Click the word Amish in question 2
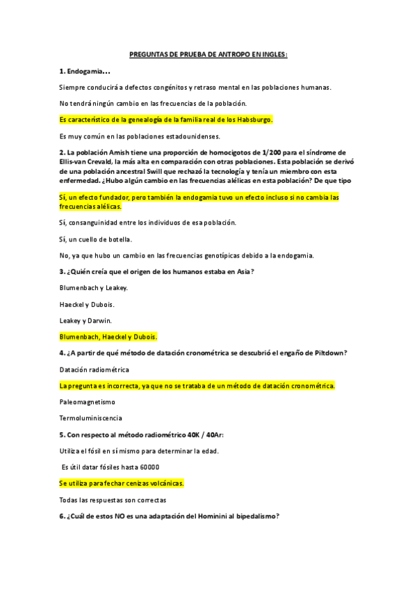click(124, 152)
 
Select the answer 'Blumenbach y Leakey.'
click(94, 287)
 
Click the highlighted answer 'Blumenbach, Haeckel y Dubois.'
click(108, 337)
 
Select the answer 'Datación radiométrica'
click(94, 369)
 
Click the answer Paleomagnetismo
click(88, 402)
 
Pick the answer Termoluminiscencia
click(90, 418)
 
